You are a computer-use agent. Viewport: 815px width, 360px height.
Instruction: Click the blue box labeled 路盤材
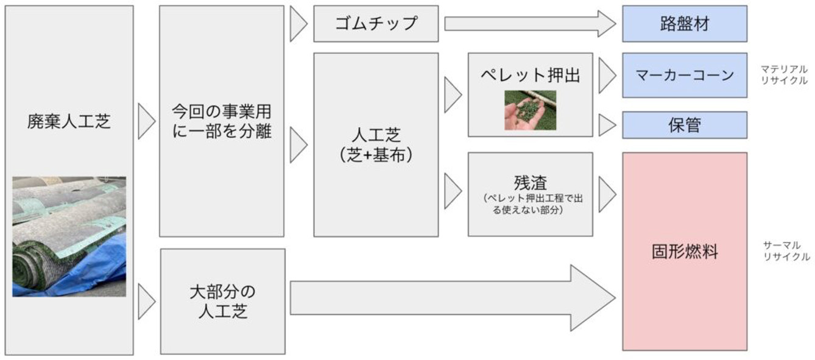pos(685,24)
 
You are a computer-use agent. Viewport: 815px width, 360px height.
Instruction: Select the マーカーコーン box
pos(685,76)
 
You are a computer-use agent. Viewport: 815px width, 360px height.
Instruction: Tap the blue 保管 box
pos(685,125)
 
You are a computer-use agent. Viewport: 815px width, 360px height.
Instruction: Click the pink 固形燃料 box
pos(685,252)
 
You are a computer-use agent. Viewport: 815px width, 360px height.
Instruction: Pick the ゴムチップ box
pos(376,24)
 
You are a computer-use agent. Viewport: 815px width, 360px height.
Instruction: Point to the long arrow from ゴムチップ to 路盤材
pos(530,24)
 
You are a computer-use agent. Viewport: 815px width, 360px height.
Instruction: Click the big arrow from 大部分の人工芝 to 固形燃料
pos(453,298)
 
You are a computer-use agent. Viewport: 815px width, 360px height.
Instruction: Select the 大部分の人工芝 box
pos(223,302)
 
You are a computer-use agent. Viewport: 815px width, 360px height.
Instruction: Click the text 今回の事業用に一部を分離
pos(222,121)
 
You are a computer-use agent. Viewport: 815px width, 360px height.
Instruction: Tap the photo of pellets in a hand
pos(530,110)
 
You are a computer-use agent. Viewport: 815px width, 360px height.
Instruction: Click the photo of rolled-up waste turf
pos(69,236)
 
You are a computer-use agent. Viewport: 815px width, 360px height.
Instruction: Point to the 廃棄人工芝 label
pos(69,121)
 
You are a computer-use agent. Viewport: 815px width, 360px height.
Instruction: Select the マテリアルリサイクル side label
pos(784,75)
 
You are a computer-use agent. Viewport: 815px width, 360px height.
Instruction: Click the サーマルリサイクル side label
pos(786,251)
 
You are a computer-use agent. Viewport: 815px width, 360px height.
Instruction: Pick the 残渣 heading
pos(530,183)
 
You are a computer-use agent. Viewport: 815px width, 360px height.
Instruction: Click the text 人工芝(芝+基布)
pos(376,145)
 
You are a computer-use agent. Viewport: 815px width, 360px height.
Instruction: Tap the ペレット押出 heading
pos(530,76)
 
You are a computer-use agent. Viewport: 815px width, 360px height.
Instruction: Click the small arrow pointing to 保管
pos(607,125)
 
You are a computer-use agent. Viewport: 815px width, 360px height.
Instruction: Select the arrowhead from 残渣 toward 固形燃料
pos(607,194)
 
